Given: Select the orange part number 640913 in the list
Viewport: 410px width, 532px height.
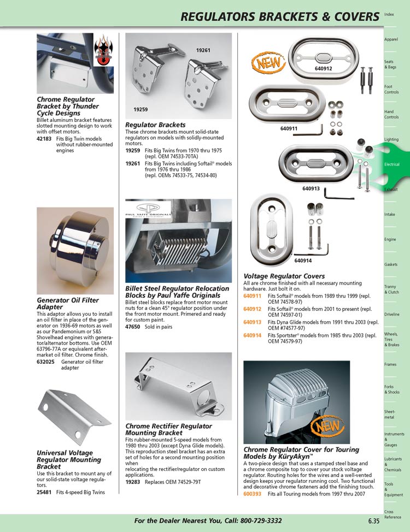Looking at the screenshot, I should pyautogui.click(x=252, y=322).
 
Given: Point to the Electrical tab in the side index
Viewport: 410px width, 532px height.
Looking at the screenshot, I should pyautogui.click(x=391, y=164).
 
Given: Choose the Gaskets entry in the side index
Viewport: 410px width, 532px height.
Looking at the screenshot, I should pyautogui.click(x=390, y=264).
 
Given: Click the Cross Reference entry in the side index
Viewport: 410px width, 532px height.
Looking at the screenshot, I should pyautogui.click(x=393, y=515).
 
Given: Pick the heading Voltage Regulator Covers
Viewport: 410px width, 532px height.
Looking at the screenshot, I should pyautogui.click(x=284, y=276).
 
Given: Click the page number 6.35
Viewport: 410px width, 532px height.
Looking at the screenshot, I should pyautogui.click(x=374, y=521).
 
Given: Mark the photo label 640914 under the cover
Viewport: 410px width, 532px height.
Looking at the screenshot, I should pyautogui.click(x=303, y=261).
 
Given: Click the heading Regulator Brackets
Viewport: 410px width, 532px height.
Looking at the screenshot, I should pyautogui.click(x=155, y=125).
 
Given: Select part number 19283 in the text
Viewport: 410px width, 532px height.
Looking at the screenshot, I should pyautogui.click(x=133, y=482).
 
